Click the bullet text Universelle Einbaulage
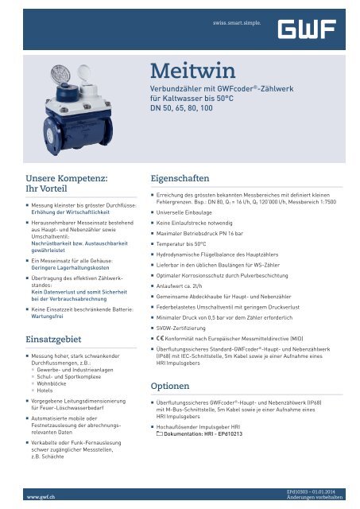tap(191, 214)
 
